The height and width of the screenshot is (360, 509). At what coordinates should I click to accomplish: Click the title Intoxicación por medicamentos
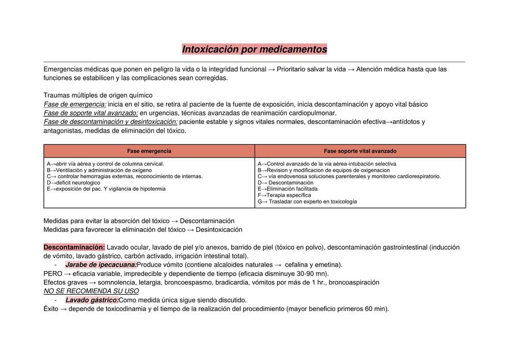coord(254,49)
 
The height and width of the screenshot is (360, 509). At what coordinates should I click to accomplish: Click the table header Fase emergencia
coord(149,151)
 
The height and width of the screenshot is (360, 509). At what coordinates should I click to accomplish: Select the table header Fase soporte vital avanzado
coord(360,151)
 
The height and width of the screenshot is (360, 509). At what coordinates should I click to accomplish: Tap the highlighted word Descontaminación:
coord(74,247)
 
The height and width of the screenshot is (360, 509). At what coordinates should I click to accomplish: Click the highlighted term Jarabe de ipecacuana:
coord(101,264)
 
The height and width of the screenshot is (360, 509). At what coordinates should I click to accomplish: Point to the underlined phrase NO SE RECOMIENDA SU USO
coord(91,291)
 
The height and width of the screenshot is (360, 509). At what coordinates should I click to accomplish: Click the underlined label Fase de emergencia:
coord(75,104)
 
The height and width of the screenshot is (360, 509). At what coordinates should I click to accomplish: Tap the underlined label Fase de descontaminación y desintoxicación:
coord(110,121)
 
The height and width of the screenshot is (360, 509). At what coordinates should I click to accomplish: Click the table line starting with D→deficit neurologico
coord(74,182)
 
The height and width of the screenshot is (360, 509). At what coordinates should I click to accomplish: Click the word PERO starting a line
coord(53,273)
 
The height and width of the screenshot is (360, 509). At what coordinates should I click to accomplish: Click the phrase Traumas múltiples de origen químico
coord(98,95)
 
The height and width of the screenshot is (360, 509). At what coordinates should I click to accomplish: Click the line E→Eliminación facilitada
coord(287,189)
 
